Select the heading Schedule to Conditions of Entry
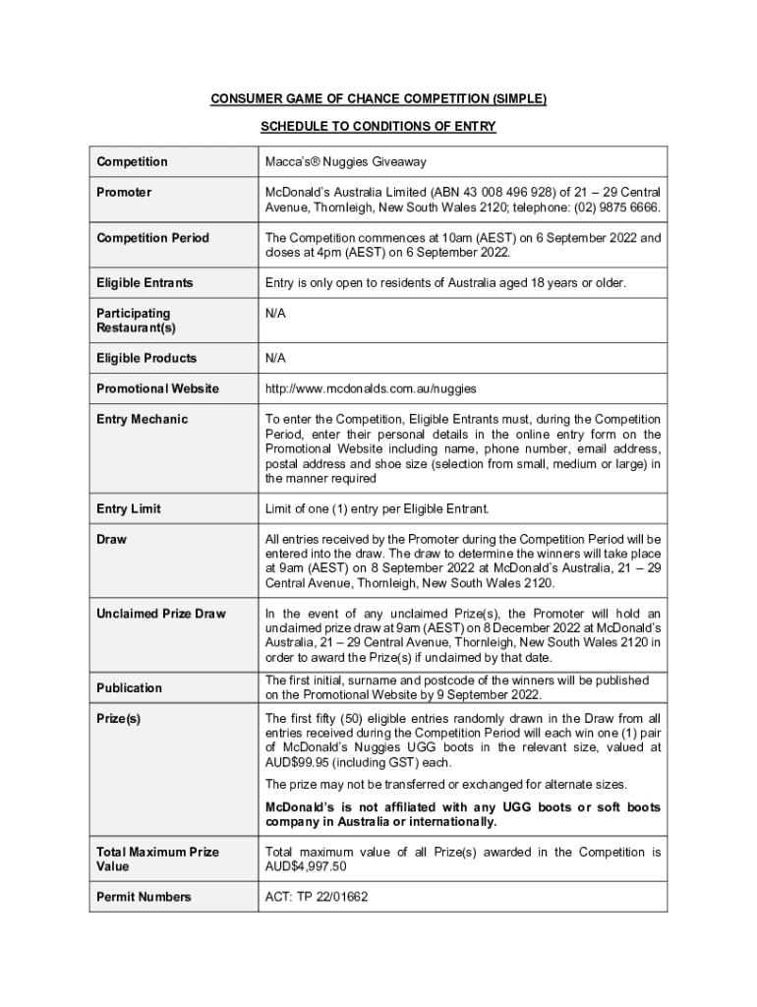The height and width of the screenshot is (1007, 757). click(378, 127)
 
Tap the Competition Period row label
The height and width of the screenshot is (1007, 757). click(152, 238)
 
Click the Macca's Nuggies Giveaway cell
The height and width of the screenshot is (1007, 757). click(344, 162)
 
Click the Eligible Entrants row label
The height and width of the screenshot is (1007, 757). click(145, 283)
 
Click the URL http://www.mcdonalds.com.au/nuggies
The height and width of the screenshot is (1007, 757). click(371, 388)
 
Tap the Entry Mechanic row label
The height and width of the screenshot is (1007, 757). click(142, 419)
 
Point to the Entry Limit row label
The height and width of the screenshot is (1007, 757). click(129, 508)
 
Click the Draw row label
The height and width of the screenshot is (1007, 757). click(111, 539)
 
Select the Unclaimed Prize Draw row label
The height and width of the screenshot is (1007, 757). click(160, 614)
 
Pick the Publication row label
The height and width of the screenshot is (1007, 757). click(129, 687)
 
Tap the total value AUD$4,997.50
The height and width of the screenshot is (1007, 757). click(306, 866)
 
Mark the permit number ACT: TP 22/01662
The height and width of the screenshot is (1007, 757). click(317, 897)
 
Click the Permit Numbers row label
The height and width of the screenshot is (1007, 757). click(144, 897)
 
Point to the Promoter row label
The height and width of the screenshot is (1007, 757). click(124, 193)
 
